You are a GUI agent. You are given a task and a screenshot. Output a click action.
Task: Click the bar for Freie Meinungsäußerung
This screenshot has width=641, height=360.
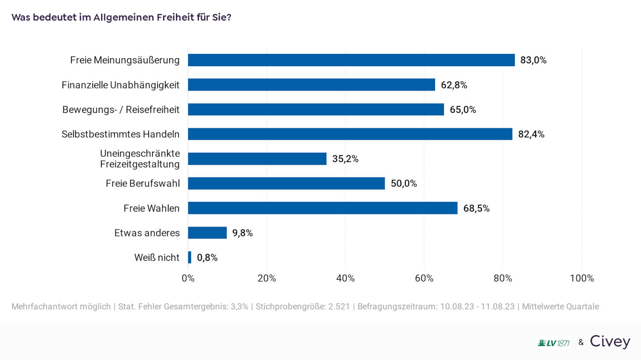(351, 60)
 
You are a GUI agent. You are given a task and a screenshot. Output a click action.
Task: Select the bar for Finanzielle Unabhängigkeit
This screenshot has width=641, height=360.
(312, 85)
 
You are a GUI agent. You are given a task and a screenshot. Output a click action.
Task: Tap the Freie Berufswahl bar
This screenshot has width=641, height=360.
(286, 183)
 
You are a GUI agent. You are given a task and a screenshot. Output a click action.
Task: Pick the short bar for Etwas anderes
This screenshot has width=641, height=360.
(207, 233)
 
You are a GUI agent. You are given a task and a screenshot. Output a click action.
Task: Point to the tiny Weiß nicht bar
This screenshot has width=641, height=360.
(190, 257)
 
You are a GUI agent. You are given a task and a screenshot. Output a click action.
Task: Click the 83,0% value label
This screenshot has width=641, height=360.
(533, 60)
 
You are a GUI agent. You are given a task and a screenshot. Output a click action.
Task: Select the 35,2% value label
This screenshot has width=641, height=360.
(345, 159)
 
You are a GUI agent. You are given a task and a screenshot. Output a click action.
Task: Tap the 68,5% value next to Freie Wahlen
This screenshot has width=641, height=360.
(476, 208)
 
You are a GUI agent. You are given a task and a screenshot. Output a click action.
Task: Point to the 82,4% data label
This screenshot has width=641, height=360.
(531, 134)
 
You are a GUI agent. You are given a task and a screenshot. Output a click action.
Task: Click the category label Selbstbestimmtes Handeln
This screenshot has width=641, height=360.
(121, 134)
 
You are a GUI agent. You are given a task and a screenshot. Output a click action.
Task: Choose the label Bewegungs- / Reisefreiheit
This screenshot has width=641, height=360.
(121, 109)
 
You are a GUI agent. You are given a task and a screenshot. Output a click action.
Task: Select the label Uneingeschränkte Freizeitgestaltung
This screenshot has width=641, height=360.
(140, 159)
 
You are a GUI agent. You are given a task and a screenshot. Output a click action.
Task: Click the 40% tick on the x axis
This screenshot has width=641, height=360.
(345, 278)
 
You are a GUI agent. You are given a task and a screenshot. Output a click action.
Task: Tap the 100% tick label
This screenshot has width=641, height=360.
(582, 278)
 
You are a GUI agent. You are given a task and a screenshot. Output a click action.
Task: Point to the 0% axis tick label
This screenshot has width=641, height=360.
(188, 278)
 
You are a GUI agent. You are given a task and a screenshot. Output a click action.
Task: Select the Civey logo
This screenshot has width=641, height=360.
(610, 342)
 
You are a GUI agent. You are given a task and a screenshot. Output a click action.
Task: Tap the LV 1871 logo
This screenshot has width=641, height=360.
(554, 343)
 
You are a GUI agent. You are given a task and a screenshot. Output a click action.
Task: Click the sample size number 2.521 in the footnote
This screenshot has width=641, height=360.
(339, 307)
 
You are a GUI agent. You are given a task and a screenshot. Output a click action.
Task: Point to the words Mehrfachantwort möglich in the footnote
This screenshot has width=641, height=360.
(61, 307)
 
